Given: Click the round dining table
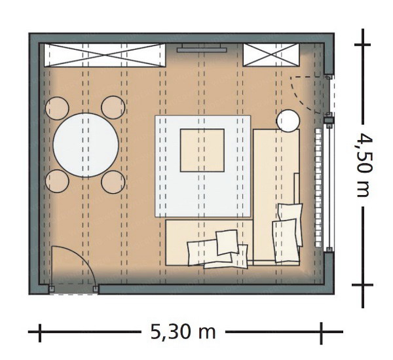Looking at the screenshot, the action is click(86, 145).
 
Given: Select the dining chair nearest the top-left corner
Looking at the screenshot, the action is click(57, 108).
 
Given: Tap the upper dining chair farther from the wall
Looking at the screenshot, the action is click(113, 107).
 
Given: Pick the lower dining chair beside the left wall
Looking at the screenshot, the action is click(57, 181).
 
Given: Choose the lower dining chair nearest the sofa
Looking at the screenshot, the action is click(113, 182).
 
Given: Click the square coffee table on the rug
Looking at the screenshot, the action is click(202, 151).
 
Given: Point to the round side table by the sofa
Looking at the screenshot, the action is click(288, 120).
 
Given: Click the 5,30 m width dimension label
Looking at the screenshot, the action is click(183, 332).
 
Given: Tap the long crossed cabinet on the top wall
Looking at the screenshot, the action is click(105, 55).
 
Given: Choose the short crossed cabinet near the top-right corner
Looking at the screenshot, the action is click(271, 55).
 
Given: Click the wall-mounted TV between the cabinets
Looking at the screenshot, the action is click(202, 48).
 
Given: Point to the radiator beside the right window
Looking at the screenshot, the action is click(318, 187).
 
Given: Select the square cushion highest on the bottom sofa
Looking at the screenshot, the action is click(227, 242).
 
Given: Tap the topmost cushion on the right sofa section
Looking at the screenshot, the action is click(291, 213).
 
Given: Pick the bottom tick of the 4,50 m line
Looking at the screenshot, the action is click(362, 285).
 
